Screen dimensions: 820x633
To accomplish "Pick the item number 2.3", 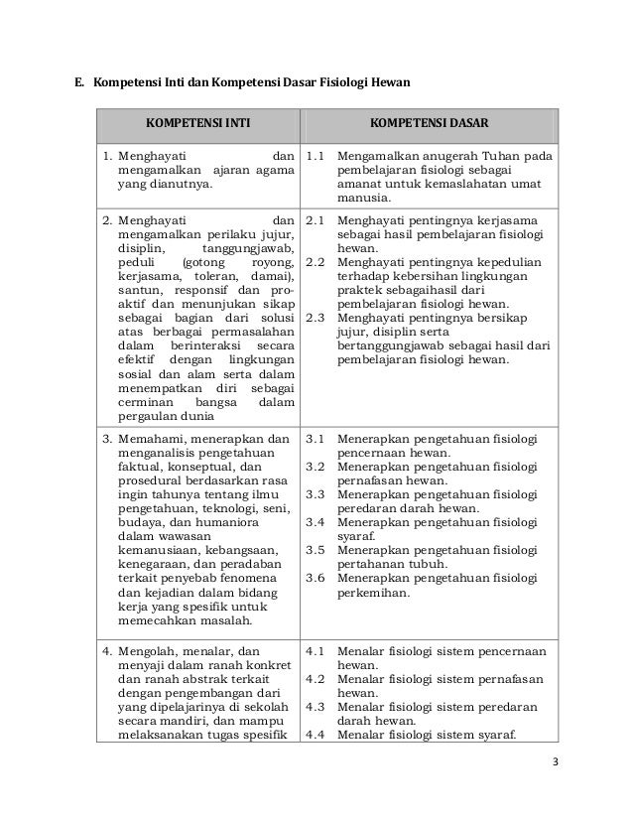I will coord(316,318).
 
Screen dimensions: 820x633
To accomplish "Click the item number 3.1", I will coord(316,437).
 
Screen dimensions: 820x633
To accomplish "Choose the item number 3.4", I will coord(316,522).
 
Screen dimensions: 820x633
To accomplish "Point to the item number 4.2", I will coord(316,679).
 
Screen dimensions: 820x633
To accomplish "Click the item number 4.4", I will coord(316,736).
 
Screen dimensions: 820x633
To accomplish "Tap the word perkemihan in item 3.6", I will coord(373,593).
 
